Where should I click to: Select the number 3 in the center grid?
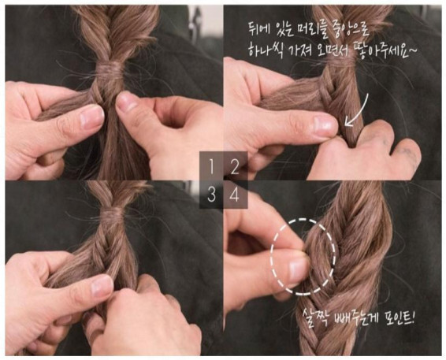click(x=211, y=195)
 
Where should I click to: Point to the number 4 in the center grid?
click(x=234, y=195)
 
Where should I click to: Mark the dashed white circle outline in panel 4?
click(x=303, y=253)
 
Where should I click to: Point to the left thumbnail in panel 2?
click(x=321, y=124)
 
